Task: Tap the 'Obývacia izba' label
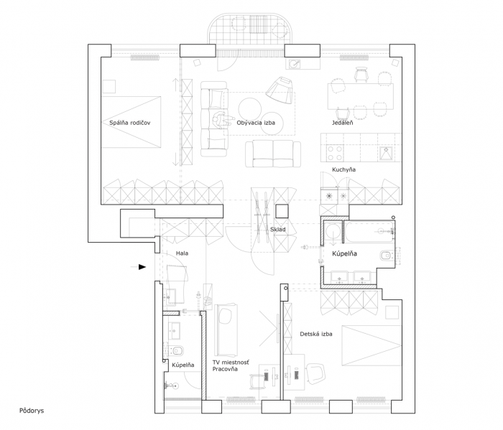[x=255, y=123]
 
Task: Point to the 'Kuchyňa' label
[x=343, y=169]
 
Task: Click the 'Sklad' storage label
[x=277, y=230]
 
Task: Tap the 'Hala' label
[x=183, y=254]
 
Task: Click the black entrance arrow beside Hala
[x=142, y=267]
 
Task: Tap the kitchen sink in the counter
[x=385, y=151]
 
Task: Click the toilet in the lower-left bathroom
[x=177, y=350]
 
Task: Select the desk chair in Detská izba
[x=315, y=371]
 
